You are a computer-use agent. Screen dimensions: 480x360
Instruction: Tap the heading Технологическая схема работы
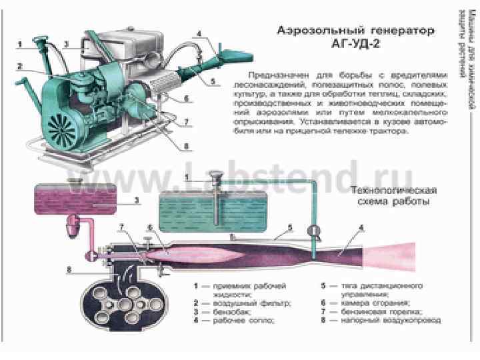click(393, 196)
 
